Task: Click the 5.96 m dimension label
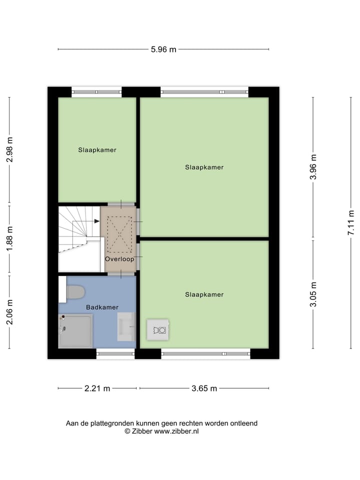(x=163, y=49)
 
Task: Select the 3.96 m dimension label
(x=313, y=167)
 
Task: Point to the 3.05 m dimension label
(x=313, y=294)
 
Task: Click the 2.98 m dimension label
(x=9, y=150)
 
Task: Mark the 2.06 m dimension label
(x=9, y=312)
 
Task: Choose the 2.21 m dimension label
(x=97, y=388)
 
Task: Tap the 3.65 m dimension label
(x=204, y=388)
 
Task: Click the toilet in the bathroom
(x=74, y=292)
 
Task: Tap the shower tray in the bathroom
(x=75, y=331)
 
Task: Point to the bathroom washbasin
(x=126, y=326)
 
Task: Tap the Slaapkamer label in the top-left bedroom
(x=97, y=149)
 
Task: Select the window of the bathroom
(x=115, y=354)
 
